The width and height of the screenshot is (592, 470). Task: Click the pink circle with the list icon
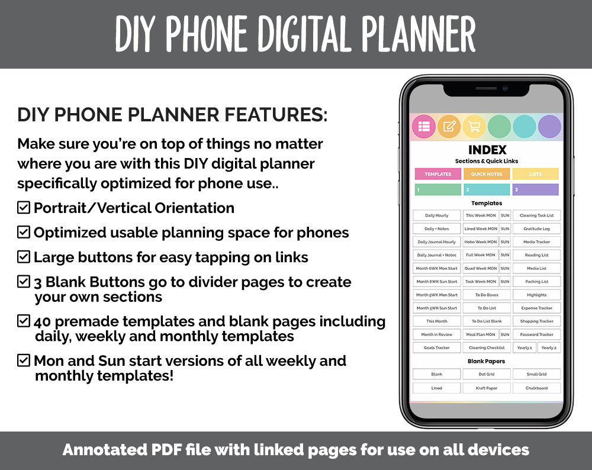(x=424, y=126)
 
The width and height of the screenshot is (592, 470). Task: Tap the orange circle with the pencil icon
(x=449, y=126)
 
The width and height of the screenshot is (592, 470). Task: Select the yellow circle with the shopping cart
(x=474, y=126)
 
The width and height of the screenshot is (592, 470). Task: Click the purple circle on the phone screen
(x=549, y=127)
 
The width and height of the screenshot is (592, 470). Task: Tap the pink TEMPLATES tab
(x=438, y=174)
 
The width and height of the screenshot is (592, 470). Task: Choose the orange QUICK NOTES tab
(x=487, y=174)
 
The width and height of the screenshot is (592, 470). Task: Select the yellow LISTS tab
(x=535, y=174)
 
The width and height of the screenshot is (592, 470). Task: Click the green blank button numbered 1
(x=438, y=189)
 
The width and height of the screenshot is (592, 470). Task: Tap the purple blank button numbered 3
(x=535, y=189)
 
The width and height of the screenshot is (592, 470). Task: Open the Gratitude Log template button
(x=536, y=228)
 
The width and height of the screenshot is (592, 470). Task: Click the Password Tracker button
(x=536, y=334)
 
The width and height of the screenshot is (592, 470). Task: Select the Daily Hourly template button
(x=437, y=215)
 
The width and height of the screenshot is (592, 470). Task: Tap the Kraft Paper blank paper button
(x=487, y=388)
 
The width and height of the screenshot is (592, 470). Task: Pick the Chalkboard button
(x=536, y=388)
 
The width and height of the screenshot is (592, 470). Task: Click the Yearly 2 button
(x=549, y=348)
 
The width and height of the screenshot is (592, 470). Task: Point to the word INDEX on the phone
(x=487, y=150)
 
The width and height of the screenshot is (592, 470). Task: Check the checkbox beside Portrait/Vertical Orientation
(x=24, y=208)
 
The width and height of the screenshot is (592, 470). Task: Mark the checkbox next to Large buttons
(x=24, y=257)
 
